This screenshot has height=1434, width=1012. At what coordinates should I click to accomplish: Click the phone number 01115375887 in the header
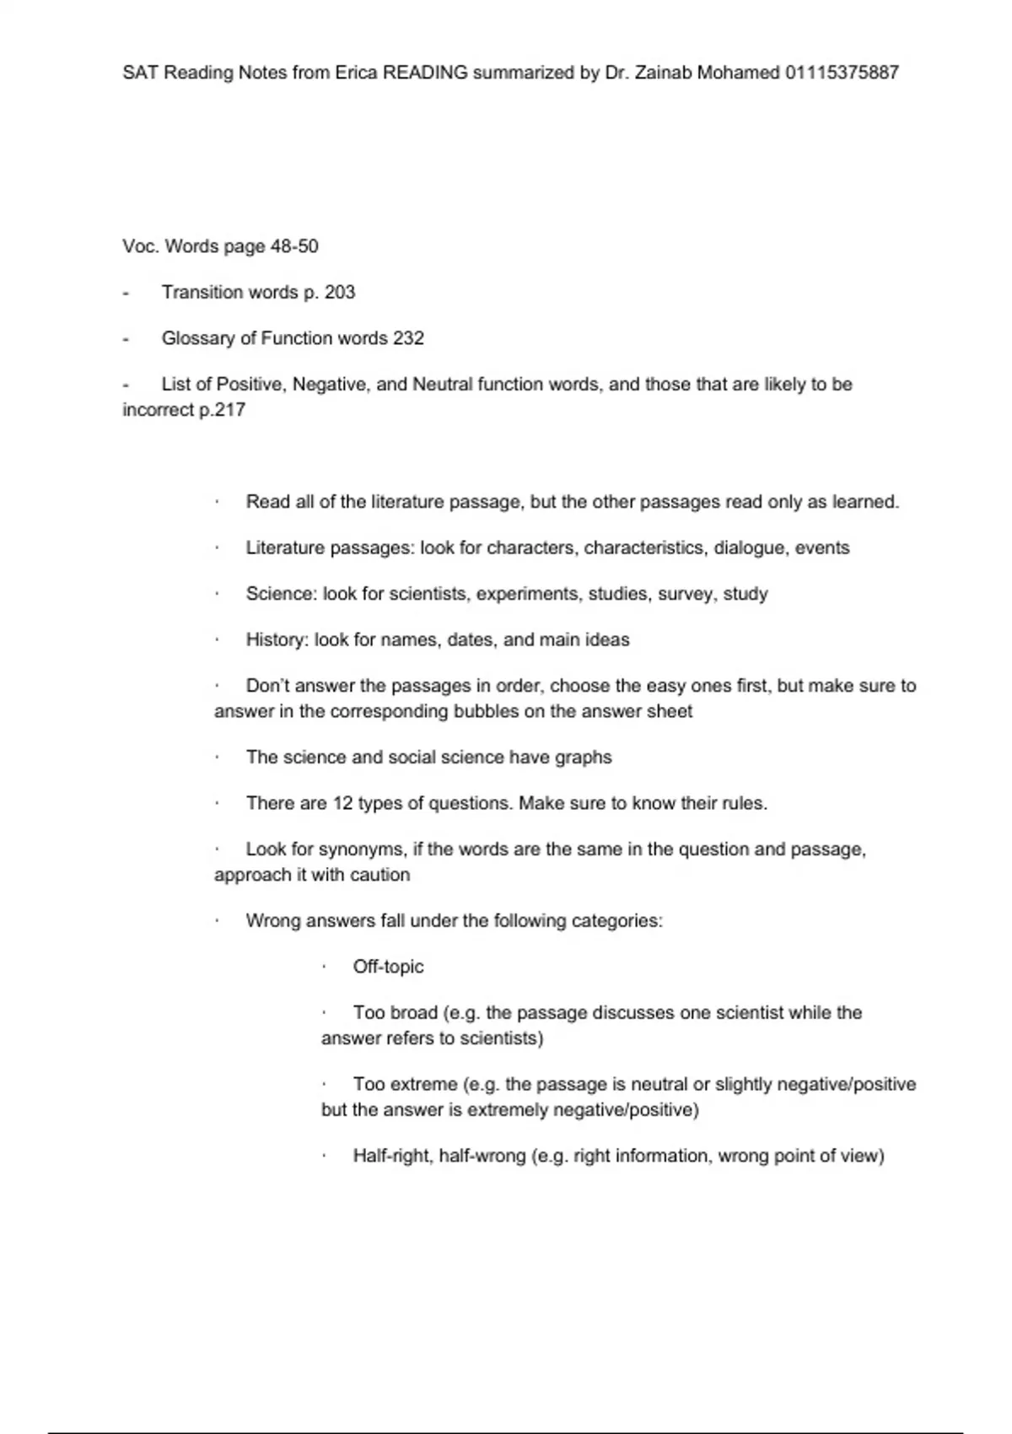(842, 73)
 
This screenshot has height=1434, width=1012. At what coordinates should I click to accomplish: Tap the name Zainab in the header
(663, 73)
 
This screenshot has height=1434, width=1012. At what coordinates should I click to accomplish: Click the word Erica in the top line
(356, 73)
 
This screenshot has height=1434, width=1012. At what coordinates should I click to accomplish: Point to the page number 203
(340, 292)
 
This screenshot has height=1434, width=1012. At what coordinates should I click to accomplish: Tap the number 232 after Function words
(408, 338)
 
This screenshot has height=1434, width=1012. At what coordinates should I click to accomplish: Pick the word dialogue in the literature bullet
(750, 548)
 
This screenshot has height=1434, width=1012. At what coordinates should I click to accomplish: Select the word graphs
(584, 757)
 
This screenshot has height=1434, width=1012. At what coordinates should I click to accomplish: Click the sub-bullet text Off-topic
(388, 967)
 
